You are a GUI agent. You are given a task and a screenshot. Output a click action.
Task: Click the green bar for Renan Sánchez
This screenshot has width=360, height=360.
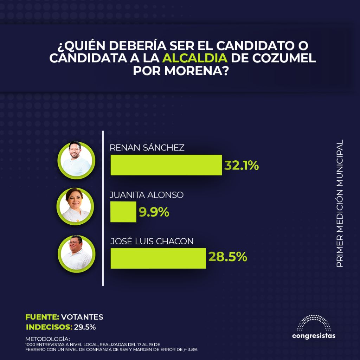click(166, 165)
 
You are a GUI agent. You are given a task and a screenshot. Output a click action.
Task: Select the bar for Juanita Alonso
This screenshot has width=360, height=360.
click(123, 212)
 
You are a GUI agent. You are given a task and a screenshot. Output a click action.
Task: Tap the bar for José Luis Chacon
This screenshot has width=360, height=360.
click(158, 258)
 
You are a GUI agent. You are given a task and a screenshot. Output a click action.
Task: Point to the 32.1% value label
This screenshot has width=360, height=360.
click(242, 165)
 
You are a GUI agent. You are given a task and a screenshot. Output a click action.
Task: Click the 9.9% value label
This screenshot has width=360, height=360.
click(154, 212)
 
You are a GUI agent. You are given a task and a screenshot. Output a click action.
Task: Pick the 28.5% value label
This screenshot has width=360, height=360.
click(228, 257)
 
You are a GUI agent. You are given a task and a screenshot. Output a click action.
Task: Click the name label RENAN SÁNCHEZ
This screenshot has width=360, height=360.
click(147, 148)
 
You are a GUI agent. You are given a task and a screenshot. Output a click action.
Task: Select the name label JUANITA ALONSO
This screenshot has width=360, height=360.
click(147, 194)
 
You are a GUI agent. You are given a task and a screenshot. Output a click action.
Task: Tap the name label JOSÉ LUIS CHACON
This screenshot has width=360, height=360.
click(152, 241)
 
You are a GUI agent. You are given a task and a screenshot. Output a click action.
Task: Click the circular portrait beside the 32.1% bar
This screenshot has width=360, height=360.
click(76, 160)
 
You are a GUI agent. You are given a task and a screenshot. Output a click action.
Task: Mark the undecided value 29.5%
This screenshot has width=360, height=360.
click(85, 327)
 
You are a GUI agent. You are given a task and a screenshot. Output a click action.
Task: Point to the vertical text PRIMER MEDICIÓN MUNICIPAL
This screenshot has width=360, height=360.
click(340, 204)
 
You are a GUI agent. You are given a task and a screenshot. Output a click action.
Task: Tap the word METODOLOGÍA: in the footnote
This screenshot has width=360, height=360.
click(47, 339)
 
